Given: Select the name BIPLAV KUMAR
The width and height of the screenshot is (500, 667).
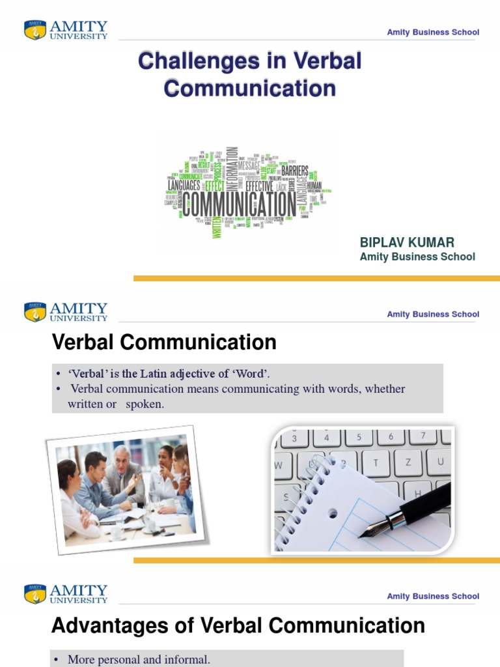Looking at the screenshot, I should point(407,243).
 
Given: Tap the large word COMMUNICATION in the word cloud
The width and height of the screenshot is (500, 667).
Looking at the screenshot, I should point(239,204).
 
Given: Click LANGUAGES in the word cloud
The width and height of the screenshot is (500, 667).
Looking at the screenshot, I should point(184,186).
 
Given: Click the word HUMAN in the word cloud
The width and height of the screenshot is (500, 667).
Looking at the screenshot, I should point(314,186).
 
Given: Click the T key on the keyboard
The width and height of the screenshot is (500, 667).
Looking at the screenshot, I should point(376,462).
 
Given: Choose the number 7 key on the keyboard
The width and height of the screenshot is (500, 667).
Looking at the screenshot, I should point(423,436).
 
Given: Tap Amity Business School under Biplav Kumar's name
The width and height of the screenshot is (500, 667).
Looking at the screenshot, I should point(417,257).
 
